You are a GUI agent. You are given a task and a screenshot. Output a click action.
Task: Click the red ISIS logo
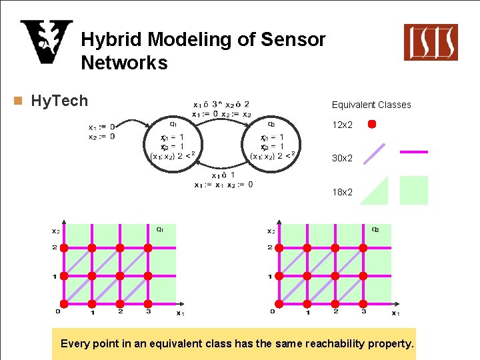(431, 42)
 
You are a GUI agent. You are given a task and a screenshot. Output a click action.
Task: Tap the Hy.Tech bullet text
(59, 101)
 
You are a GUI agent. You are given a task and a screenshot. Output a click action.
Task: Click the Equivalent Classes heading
(371, 105)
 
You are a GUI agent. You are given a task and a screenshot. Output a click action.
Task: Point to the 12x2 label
(342, 125)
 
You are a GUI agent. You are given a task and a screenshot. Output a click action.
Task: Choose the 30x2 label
(342, 158)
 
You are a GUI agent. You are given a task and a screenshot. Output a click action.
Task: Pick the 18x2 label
(342, 192)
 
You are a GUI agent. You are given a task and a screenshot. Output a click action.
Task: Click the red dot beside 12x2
(373, 124)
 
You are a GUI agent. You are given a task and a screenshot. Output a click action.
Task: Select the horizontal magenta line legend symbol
(413, 152)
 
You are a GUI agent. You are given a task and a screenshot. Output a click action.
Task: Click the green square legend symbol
(413, 190)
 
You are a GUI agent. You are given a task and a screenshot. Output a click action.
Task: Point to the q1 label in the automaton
(173, 123)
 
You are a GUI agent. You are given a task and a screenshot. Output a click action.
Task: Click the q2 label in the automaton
(271, 123)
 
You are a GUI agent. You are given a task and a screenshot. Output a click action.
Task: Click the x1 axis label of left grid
(180, 313)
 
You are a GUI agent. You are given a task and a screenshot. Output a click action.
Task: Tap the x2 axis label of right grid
(270, 231)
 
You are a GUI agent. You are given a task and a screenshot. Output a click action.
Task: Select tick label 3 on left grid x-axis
(149, 311)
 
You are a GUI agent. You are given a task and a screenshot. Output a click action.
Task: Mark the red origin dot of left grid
(64, 304)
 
